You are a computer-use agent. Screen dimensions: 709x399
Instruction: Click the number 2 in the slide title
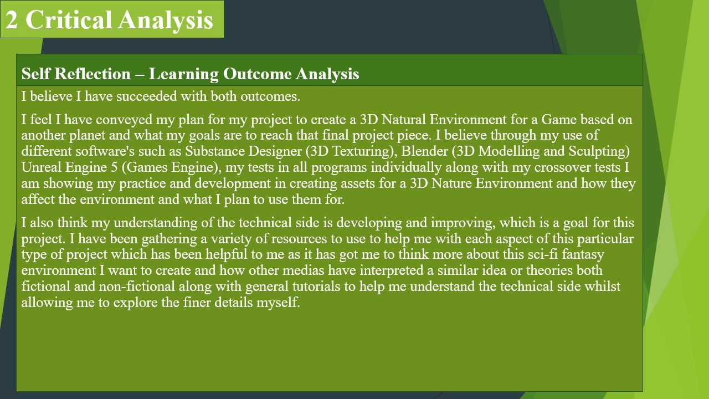point(12,20)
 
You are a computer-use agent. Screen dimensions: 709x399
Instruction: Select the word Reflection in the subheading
point(93,74)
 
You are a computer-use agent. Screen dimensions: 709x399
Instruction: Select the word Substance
point(214,151)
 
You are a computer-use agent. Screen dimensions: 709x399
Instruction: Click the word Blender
point(424,151)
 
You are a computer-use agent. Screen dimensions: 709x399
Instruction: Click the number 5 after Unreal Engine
point(114,167)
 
